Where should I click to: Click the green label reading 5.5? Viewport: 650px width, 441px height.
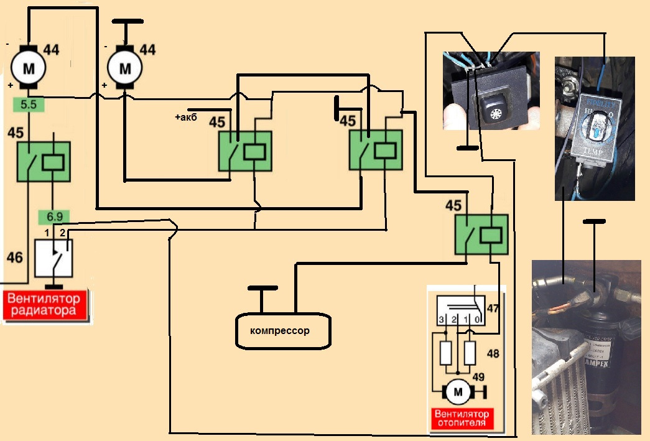coord(29,105)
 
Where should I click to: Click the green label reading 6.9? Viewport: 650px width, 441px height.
coord(53,217)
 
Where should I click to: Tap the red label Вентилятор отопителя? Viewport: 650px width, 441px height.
coord(462,418)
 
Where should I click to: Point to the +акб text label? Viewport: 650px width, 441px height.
coord(186,118)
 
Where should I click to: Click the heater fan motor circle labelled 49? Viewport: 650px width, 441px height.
coord(458,392)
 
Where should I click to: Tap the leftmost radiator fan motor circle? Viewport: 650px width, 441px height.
coord(28,67)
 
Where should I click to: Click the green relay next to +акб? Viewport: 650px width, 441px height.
coord(245,151)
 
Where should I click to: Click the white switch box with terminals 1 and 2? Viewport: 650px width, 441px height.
coord(53,256)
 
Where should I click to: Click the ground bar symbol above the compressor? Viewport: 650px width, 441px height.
coord(262,289)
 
